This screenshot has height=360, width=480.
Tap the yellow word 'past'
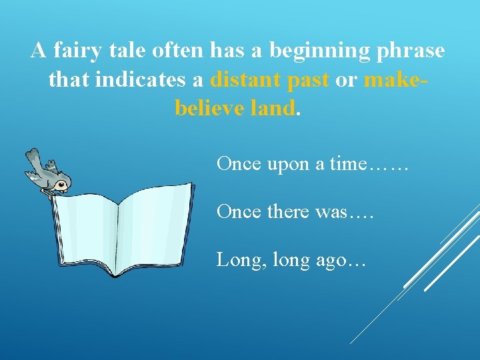[308, 79]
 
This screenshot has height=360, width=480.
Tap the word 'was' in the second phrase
[333, 212]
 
